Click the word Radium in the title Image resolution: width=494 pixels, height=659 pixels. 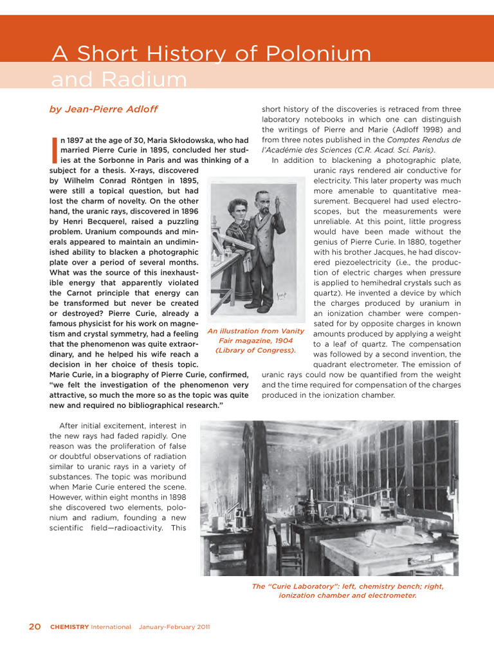143,80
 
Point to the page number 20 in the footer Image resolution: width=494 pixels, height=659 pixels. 35,627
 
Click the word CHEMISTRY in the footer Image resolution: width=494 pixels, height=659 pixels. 69,627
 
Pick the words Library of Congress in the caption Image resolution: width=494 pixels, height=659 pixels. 255,351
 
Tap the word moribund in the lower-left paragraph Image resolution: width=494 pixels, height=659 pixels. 167,477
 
